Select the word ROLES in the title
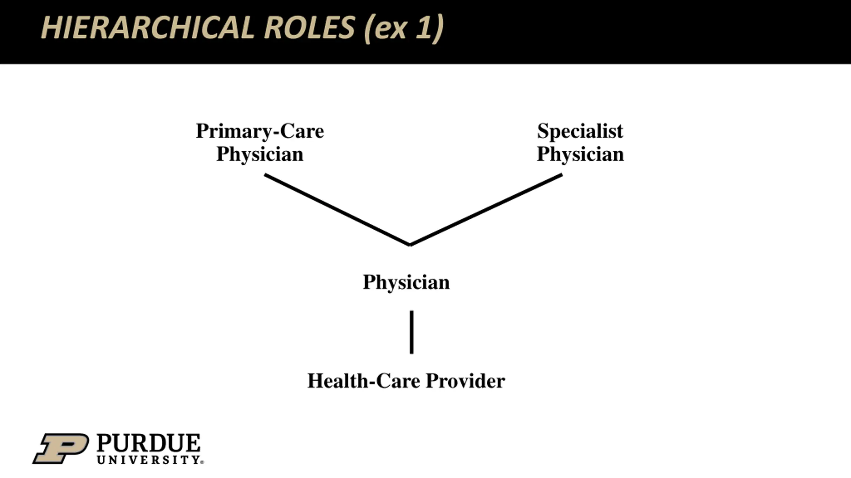click(x=309, y=28)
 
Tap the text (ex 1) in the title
click(x=404, y=29)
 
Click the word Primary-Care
click(x=260, y=131)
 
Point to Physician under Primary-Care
click(x=260, y=154)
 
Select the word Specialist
click(x=580, y=131)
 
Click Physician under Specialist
click(x=580, y=154)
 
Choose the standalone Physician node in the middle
click(x=406, y=282)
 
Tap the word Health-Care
click(x=364, y=381)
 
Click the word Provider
click(x=465, y=381)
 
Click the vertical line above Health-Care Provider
click(x=412, y=332)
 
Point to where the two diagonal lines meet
click(x=410, y=245)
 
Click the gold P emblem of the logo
click(x=61, y=448)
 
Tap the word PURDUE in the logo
click(x=149, y=443)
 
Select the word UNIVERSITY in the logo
click(x=148, y=460)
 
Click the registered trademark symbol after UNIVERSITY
click(x=202, y=462)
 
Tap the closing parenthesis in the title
click(x=439, y=29)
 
